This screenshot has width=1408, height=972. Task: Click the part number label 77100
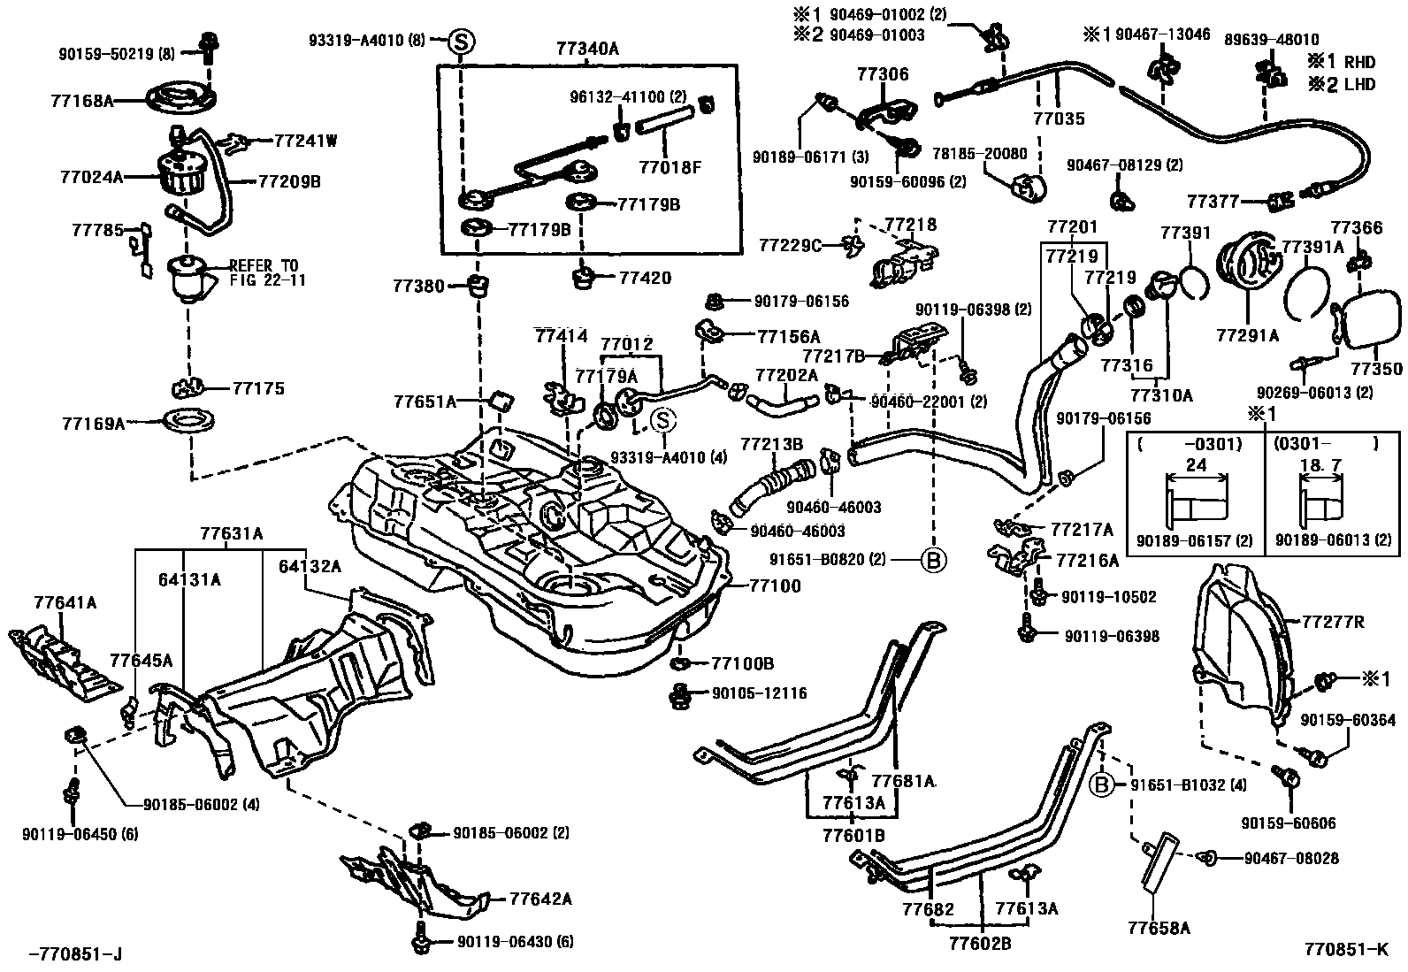tap(775, 585)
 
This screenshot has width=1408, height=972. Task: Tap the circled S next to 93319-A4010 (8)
tap(463, 41)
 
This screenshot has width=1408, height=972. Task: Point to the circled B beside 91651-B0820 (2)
tap(933, 559)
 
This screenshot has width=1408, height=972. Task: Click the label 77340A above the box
tap(588, 50)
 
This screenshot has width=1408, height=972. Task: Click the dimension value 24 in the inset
tap(1196, 465)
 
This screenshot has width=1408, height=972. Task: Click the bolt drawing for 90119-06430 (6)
tap(421, 940)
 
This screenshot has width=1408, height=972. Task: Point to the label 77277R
tap(1333, 622)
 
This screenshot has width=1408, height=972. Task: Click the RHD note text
tap(1359, 62)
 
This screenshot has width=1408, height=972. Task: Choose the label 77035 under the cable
tap(1060, 119)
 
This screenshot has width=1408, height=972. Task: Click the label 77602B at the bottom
tap(980, 943)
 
